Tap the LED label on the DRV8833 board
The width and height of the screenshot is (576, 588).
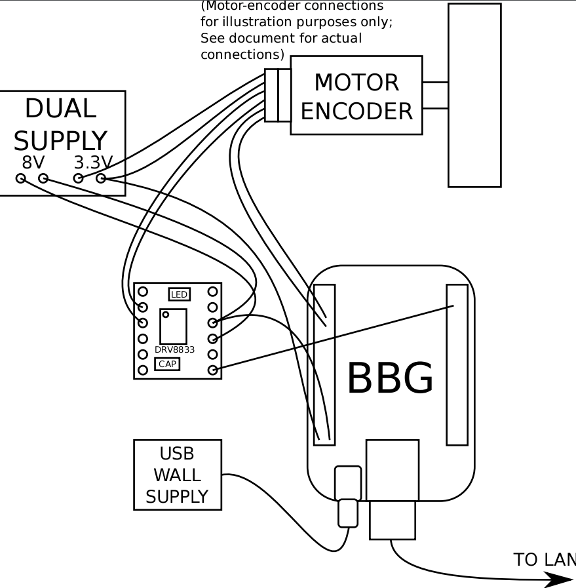(x=179, y=294)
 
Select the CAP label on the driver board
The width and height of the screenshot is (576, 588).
(x=167, y=364)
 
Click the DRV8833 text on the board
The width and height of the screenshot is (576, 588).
(x=174, y=349)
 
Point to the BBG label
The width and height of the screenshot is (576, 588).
(x=390, y=379)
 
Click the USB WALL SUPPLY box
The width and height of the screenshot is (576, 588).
(x=177, y=475)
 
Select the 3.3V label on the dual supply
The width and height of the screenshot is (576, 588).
(x=93, y=162)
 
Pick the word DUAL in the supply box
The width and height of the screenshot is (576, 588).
(x=60, y=109)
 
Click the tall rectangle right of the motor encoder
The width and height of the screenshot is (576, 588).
(x=474, y=95)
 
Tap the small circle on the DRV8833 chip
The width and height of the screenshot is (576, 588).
(x=166, y=315)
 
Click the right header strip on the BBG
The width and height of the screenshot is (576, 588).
(x=457, y=364)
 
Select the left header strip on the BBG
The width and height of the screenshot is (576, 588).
(x=324, y=364)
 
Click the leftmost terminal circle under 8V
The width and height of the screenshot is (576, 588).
(x=21, y=178)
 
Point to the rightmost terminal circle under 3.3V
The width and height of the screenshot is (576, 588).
(x=101, y=178)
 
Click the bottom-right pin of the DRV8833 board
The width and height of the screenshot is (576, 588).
(x=212, y=370)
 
